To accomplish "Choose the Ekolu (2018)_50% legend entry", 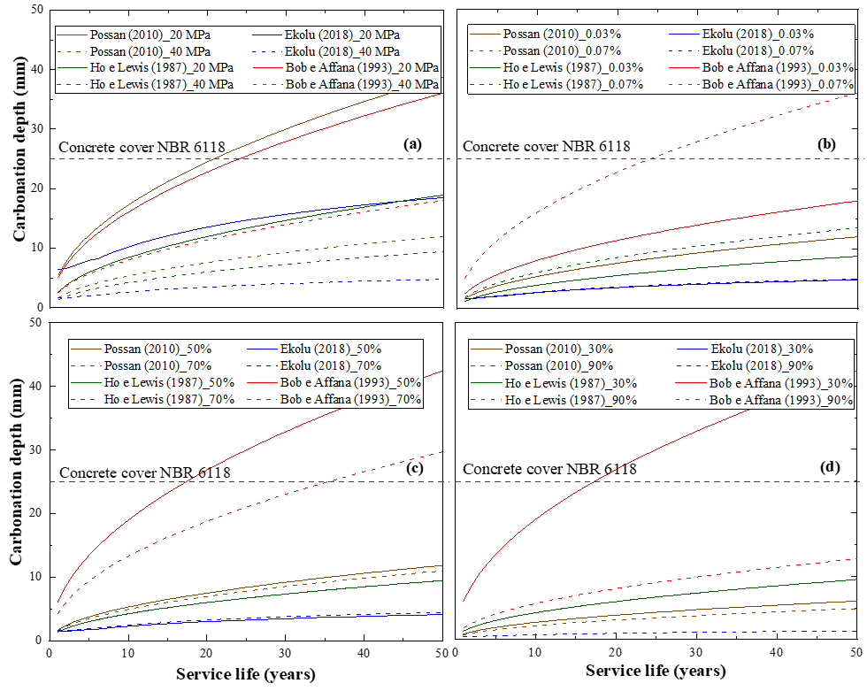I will click(337, 349).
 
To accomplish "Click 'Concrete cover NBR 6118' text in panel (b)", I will click(547, 147).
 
